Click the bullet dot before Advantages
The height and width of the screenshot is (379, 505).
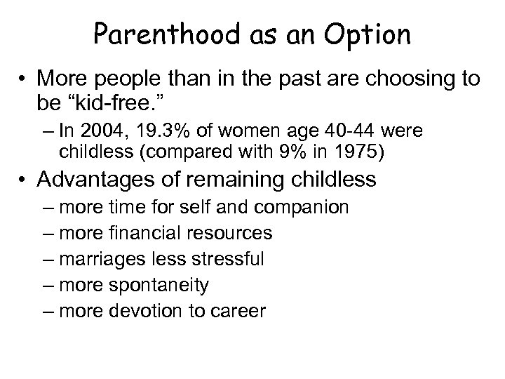23,180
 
